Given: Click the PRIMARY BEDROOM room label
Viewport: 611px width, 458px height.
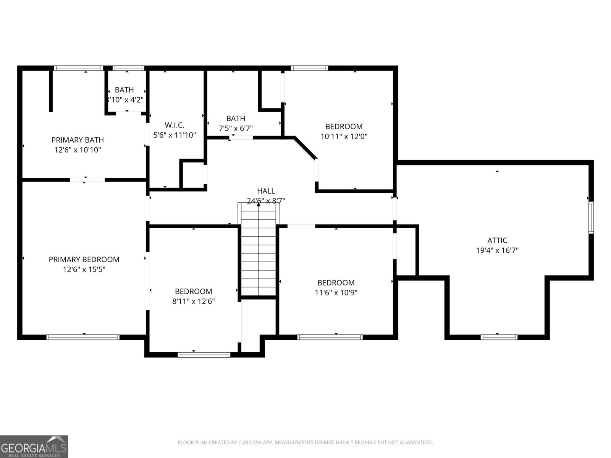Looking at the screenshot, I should [x=84, y=260].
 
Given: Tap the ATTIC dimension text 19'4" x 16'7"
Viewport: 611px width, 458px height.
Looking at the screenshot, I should [x=497, y=251].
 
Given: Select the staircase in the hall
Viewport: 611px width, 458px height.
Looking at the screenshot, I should [x=259, y=250].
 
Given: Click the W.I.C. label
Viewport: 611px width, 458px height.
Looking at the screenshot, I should [x=175, y=125].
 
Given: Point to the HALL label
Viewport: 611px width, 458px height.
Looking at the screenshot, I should [x=266, y=191].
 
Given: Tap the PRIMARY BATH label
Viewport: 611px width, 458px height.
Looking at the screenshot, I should [x=78, y=140].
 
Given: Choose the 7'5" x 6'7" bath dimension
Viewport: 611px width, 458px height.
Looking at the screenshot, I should [x=236, y=129].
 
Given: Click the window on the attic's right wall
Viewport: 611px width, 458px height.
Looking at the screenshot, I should [x=591, y=218].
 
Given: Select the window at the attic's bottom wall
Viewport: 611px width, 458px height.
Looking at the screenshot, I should [x=499, y=337].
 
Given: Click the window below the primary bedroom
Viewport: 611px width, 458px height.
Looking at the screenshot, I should [x=83, y=337].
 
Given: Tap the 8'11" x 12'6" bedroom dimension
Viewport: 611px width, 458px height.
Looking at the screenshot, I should [x=193, y=302].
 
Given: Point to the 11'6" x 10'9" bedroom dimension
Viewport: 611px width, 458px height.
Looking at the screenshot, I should [x=336, y=293].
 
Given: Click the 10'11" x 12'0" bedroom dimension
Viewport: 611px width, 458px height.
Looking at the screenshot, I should [x=344, y=136].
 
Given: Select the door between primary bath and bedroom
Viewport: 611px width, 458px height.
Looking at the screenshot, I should [x=87, y=179].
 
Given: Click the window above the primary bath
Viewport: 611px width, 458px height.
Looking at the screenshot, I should [x=79, y=68].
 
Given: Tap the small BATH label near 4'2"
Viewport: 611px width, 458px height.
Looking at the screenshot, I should [x=124, y=90].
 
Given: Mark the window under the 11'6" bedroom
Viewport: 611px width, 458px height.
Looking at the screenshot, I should [x=330, y=337].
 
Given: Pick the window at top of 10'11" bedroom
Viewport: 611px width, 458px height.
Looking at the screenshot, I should [x=309, y=68].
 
